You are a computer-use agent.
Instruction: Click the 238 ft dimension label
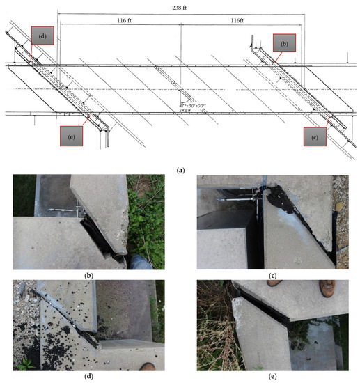point(179,8)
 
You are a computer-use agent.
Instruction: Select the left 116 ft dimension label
point(124,20)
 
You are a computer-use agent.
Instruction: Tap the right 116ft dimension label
point(237,20)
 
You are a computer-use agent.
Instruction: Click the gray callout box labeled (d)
point(42,36)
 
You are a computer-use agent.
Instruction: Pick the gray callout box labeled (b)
point(284,43)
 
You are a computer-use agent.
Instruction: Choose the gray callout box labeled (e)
point(71,136)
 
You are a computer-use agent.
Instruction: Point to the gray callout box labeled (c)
point(315,136)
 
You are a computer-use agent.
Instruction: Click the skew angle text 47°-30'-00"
point(192,106)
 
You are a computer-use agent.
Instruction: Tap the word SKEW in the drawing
point(185,110)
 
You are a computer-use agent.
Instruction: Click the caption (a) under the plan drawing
point(180,170)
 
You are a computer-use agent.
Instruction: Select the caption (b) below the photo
point(88,276)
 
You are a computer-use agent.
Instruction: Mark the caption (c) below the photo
point(272,276)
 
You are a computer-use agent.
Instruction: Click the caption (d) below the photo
point(88,375)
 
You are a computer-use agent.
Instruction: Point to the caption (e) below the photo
point(272,376)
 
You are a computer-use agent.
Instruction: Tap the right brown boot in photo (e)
point(327,288)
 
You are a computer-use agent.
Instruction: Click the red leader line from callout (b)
point(279,57)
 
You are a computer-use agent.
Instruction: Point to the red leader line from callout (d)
point(31,53)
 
